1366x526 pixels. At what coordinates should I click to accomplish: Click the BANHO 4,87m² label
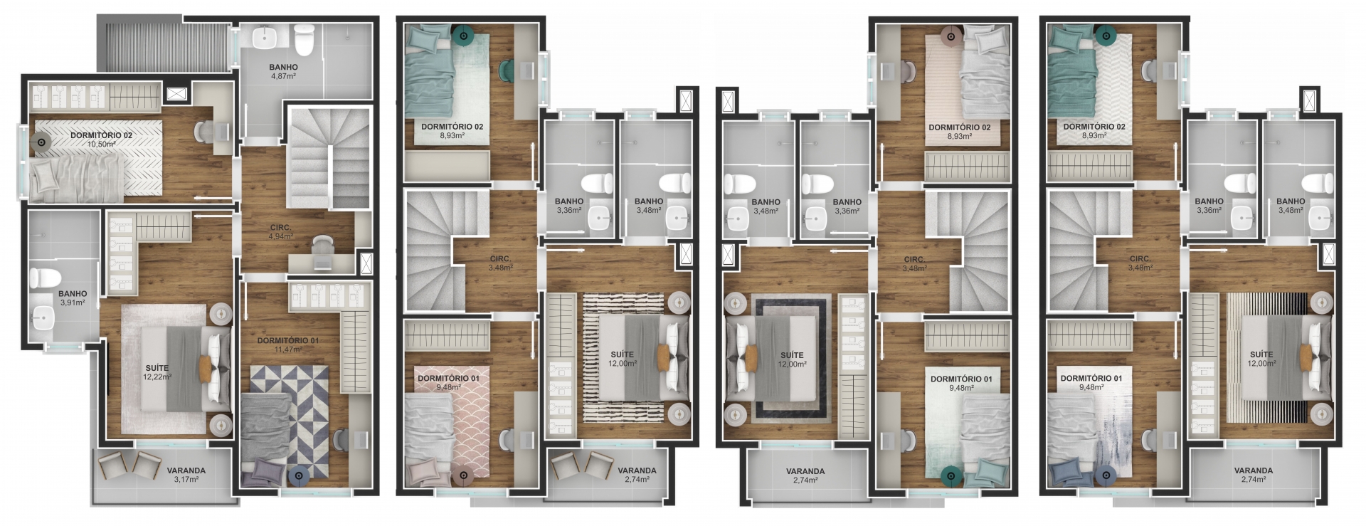(x=283, y=71)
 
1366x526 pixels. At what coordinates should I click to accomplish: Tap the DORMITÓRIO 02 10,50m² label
(x=101, y=139)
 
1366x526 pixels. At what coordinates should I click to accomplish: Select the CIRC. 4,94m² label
(x=280, y=231)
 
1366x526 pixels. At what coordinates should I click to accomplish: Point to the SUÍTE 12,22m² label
(x=157, y=372)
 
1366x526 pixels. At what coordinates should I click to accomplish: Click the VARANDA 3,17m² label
(x=186, y=475)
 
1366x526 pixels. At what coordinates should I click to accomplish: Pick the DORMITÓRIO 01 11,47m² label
(x=288, y=344)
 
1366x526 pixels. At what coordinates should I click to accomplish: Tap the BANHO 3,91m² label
(x=72, y=298)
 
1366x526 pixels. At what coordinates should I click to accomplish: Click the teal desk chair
(x=507, y=70)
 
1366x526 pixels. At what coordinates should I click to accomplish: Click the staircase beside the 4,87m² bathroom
(x=330, y=158)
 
